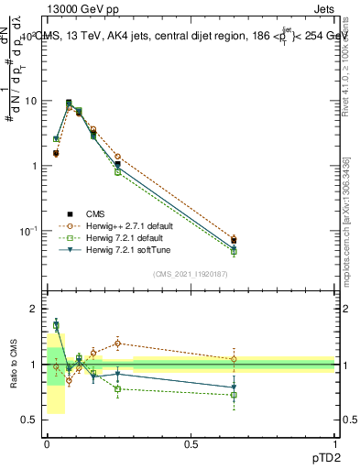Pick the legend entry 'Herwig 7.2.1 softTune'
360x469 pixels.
tap(116, 249)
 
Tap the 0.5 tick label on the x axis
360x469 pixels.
tap(191, 442)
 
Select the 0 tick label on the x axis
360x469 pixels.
tap(47, 442)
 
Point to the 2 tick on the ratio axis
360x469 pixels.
tap(34, 309)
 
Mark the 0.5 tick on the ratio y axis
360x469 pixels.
tap(30, 420)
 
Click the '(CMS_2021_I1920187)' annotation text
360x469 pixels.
tap(191, 274)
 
